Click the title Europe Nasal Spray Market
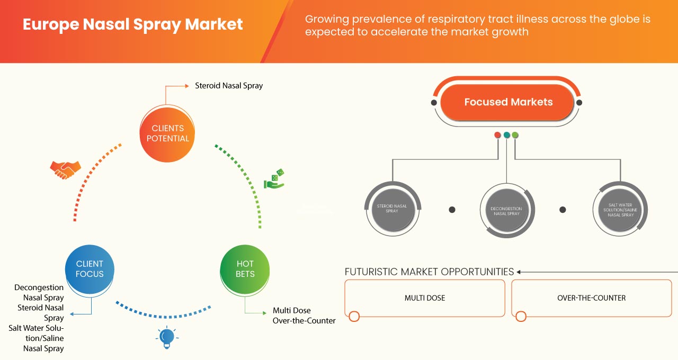point(132,25)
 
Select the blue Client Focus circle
point(90,269)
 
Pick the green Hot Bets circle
point(245,269)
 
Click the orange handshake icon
point(65,169)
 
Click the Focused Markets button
point(508,102)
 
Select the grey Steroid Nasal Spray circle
point(392,208)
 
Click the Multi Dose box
point(424,298)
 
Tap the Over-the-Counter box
point(591,298)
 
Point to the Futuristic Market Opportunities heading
point(429,272)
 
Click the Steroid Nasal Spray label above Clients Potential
point(229,85)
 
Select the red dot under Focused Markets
point(497,135)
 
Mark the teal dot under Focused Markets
point(506,135)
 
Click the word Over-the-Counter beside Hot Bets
point(304,320)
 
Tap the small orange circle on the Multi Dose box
point(354,317)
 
